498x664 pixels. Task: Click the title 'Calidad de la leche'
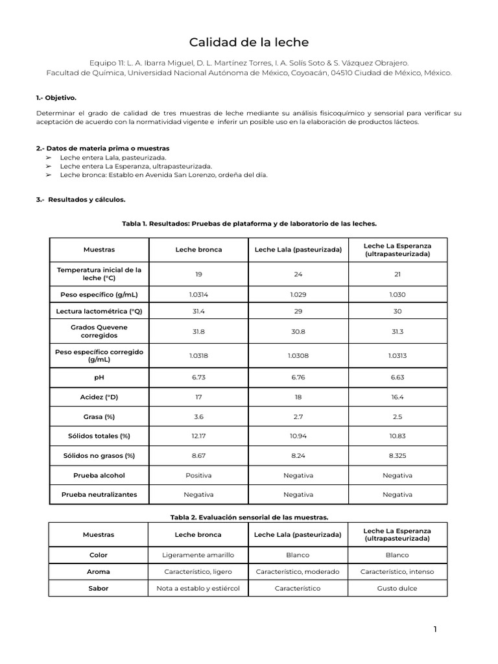click(249, 43)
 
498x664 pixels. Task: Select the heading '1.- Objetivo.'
click(56, 98)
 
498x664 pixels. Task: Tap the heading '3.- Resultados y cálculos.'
click(80, 200)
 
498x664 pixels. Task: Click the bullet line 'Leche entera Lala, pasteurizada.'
click(113, 157)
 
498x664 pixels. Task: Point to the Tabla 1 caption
click(249, 223)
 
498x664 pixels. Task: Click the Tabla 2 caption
click(249, 517)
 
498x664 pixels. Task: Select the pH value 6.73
click(198, 377)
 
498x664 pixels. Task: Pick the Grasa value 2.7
click(298, 416)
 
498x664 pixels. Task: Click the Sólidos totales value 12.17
click(198, 436)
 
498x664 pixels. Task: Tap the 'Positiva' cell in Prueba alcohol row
click(198, 475)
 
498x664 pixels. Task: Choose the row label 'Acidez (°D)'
click(99, 396)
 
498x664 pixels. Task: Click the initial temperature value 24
click(298, 274)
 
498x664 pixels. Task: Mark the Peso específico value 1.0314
click(198, 294)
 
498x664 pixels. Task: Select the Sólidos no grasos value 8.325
click(397, 456)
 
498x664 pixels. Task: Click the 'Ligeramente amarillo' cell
click(198, 555)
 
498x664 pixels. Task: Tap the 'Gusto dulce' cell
click(397, 588)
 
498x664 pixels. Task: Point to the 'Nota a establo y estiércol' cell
click(198, 588)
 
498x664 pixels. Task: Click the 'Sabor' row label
click(99, 588)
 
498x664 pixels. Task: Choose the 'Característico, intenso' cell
click(397, 572)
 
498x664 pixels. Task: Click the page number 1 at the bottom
click(436, 629)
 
